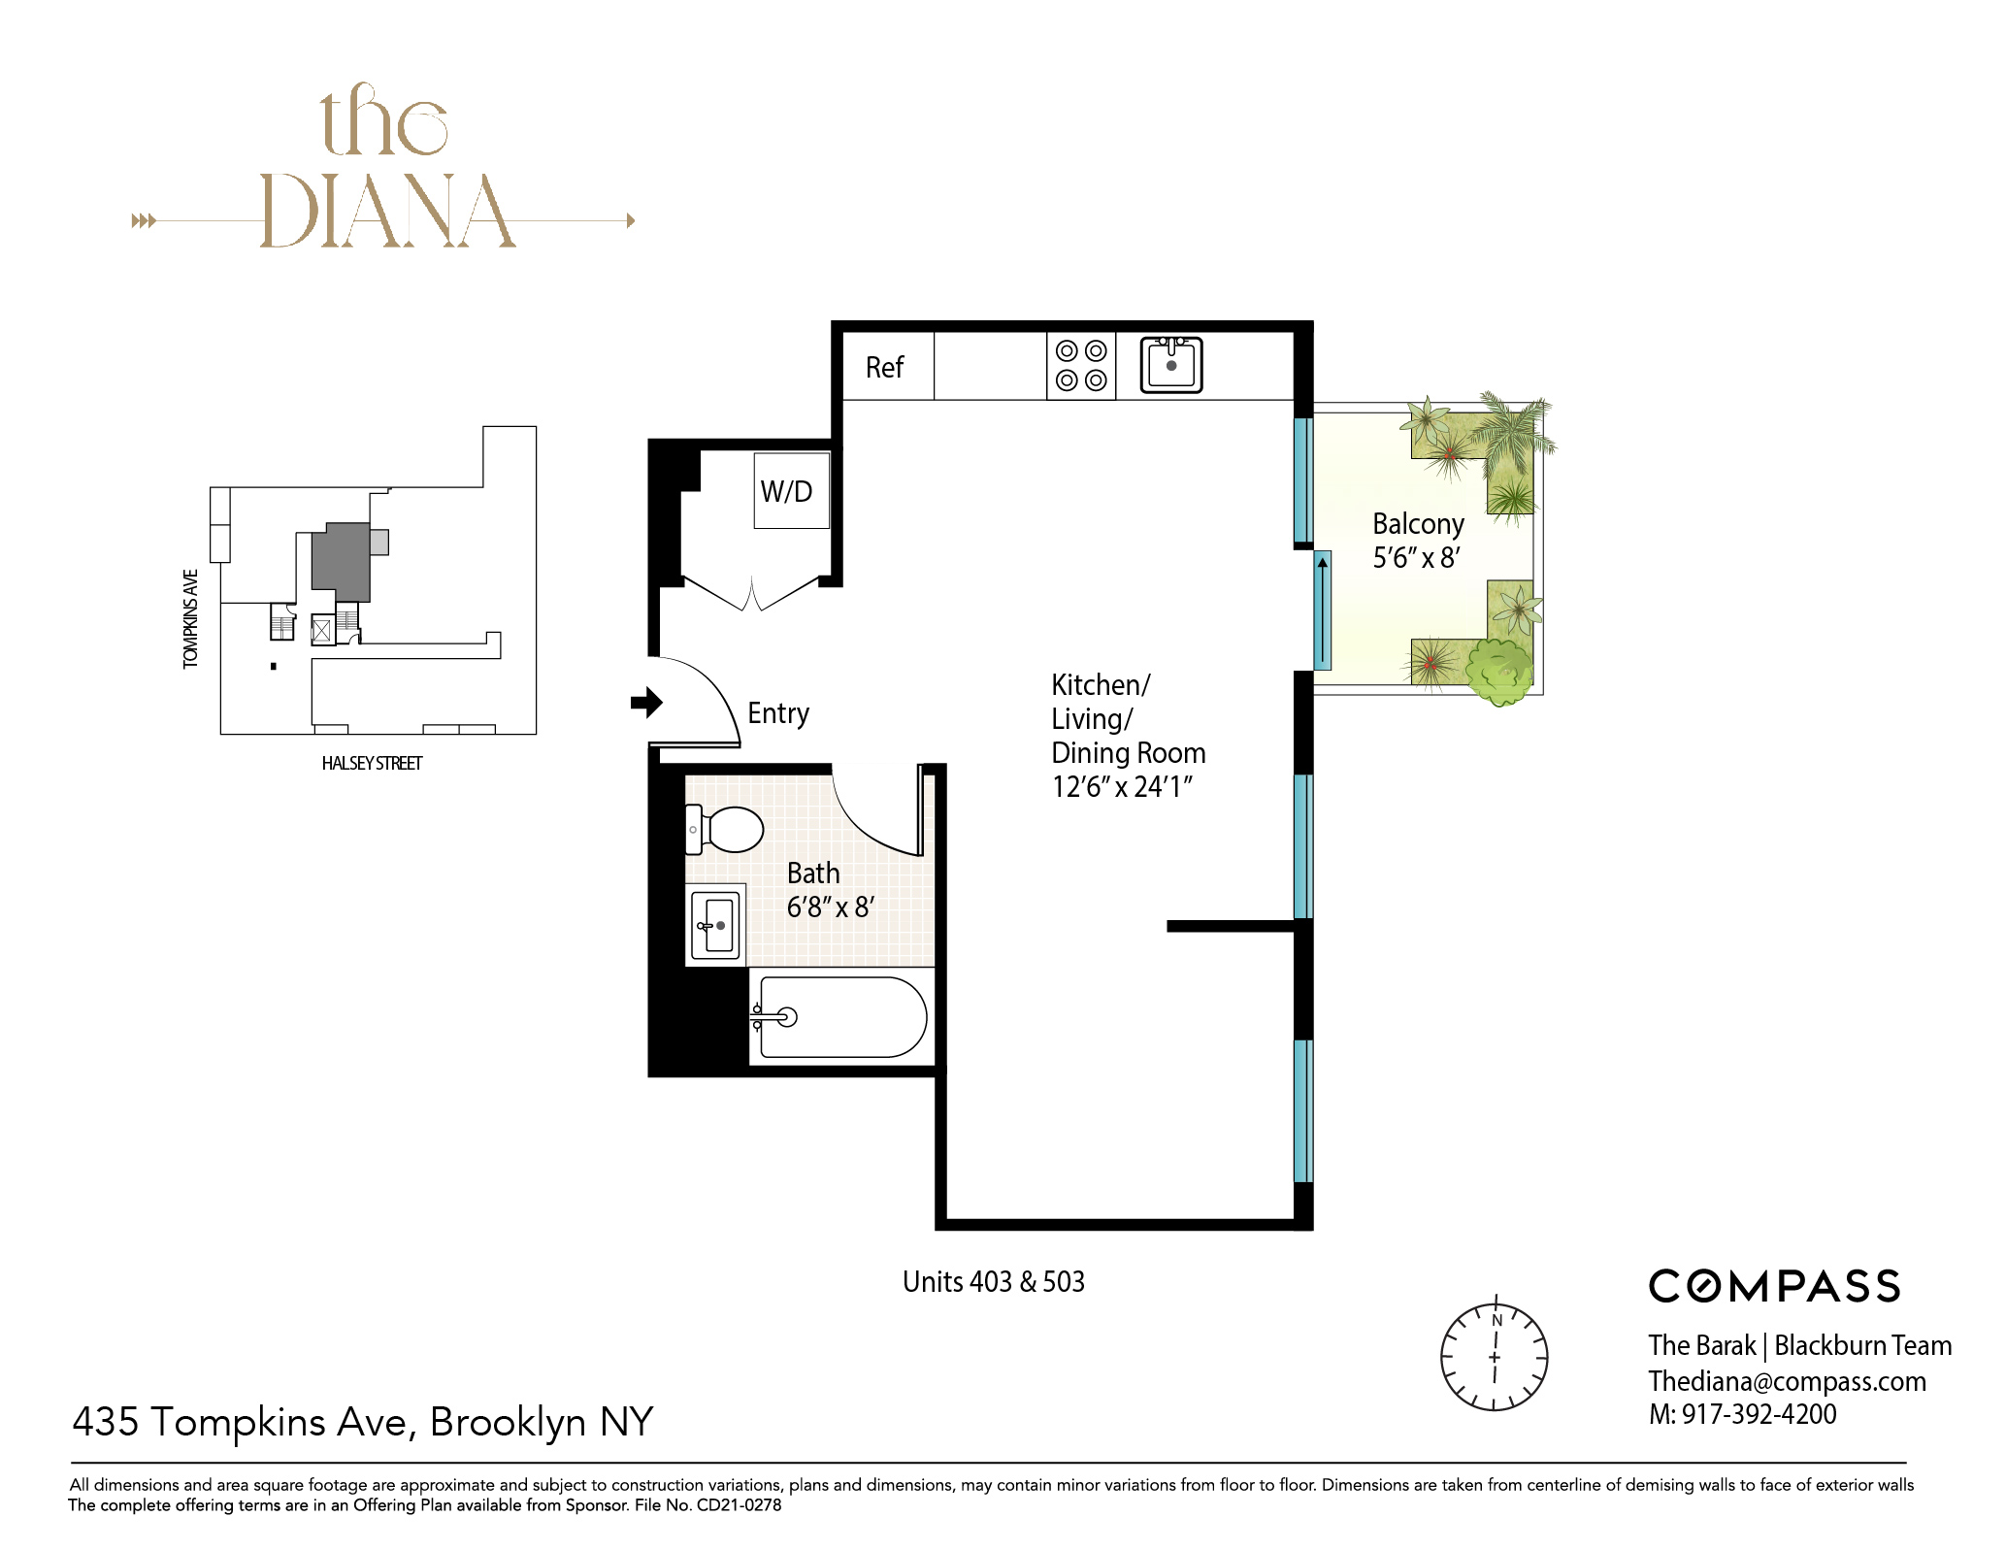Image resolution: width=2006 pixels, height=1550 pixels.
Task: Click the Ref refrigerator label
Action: pyautogui.click(x=884, y=368)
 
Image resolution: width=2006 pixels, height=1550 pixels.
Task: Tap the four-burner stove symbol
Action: pyautogui.click(x=1081, y=366)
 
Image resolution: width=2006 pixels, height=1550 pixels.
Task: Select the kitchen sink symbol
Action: pyautogui.click(x=1171, y=365)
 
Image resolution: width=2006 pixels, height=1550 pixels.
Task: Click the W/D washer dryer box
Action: pyautogui.click(x=791, y=491)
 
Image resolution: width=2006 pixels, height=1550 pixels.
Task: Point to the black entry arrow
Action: pyautogui.click(x=646, y=702)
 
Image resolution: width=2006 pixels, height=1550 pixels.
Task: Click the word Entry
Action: pyautogui.click(x=778, y=714)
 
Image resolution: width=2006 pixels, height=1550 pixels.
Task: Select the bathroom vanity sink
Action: pyautogui.click(x=716, y=925)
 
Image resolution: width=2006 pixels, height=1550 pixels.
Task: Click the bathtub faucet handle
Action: pyautogui.click(x=775, y=1017)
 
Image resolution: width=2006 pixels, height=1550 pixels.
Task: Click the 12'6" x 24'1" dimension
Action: pyautogui.click(x=1121, y=787)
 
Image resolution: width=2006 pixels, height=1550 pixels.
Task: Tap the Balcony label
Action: pyautogui.click(x=1418, y=524)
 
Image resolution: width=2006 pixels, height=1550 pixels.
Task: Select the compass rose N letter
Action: pyautogui.click(x=1496, y=1321)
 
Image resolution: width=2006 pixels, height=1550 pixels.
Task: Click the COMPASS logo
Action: pyautogui.click(x=1774, y=1287)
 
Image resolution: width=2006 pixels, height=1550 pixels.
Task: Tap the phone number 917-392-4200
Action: pyautogui.click(x=1759, y=1415)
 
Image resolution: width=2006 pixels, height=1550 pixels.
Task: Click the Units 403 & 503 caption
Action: pyautogui.click(x=993, y=1282)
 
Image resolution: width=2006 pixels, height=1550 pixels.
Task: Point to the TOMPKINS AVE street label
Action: pyautogui.click(x=190, y=618)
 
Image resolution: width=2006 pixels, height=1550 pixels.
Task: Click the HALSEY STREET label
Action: pyautogui.click(x=372, y=764)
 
